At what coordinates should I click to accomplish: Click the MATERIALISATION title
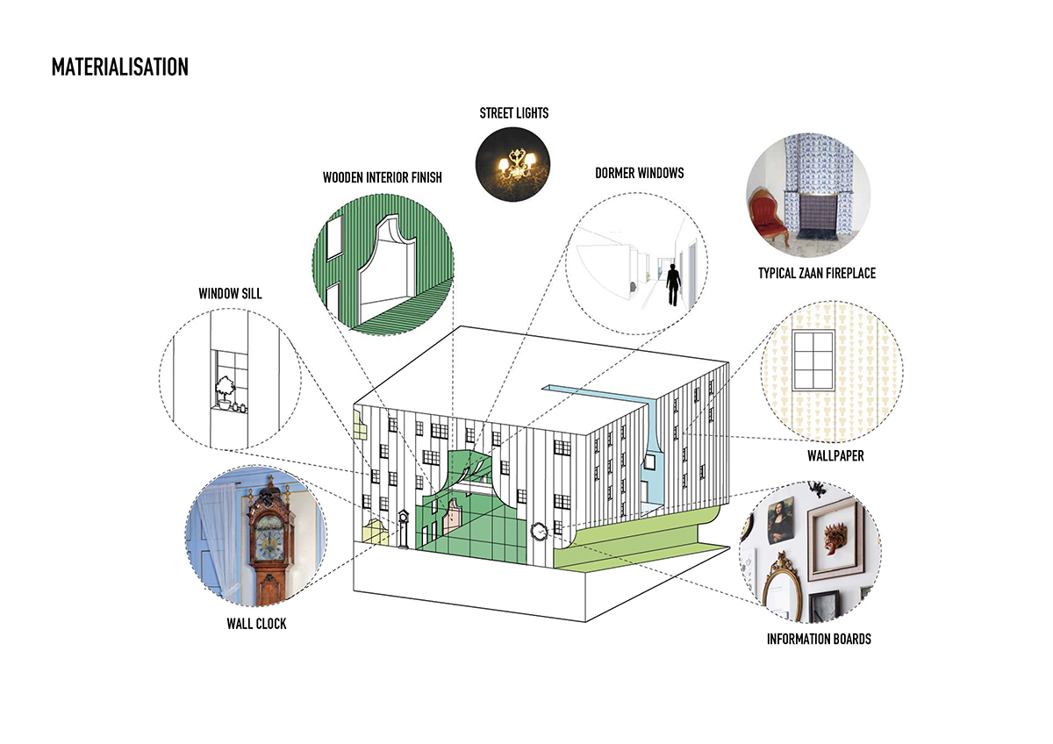[x=119, y=67]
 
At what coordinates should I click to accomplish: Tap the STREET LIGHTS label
[x=513, y=112]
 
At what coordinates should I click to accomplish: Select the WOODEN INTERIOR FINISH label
[x=382, y=177]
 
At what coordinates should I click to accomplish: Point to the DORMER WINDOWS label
[x=639, y=173]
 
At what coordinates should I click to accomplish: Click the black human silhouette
[x=673, y=283]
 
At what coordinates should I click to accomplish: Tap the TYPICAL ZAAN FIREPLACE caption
[x=816, y=274]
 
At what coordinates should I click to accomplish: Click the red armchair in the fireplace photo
[x=770, y=215]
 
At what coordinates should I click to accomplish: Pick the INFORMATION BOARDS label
[x=819, y=639]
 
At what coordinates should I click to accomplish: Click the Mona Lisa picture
[x=779, y=520]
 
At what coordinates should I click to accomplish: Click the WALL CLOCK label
[x=256, y=624]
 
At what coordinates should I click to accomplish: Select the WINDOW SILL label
[x=230, y=294]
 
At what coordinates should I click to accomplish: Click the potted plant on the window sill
[x=226, y=391]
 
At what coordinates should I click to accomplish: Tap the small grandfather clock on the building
[x=403, y=528]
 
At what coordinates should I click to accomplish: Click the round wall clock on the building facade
[x=539, y=530]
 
